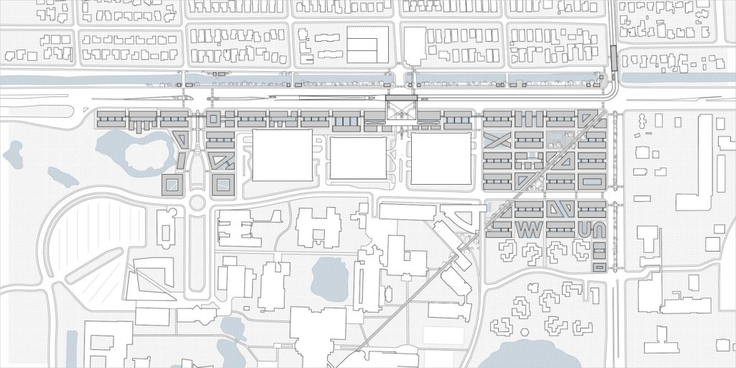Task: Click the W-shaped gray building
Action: pos(529,229)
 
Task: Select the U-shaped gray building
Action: pos(584,229)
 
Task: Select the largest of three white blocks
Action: pos(282,155)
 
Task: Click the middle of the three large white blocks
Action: pos(358,160)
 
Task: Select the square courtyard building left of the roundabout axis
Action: pos(172,185)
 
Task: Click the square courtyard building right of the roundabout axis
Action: pos(223,185)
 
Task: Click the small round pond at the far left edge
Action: pos(13,152)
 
